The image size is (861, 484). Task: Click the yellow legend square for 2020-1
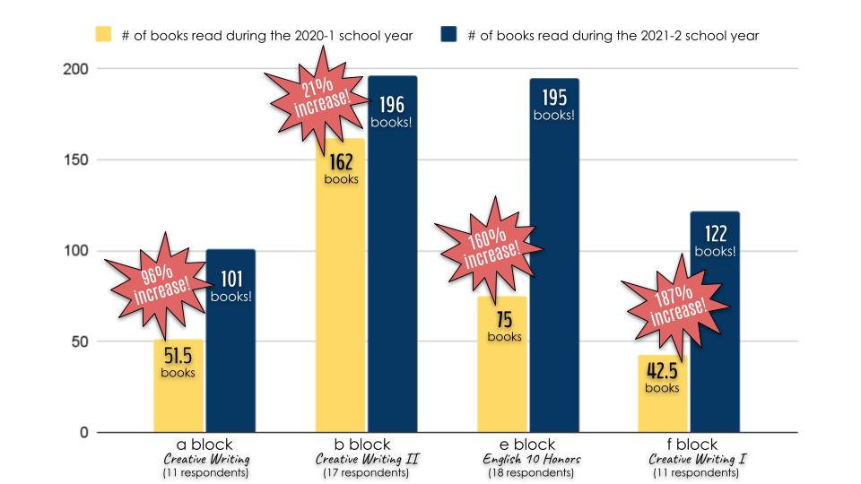point(105,36)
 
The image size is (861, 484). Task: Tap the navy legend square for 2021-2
point(449,36)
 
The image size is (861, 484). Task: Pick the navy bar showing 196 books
point(392,269)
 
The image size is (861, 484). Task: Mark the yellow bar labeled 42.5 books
point(662,408)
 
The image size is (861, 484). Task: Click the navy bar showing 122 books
point(715,341)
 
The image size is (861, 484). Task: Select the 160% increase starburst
point(492,245)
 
